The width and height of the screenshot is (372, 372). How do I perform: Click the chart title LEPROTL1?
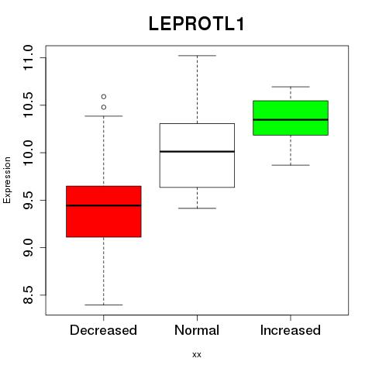[x=196, y=24]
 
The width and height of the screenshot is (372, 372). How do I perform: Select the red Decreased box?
[x=104, y=212]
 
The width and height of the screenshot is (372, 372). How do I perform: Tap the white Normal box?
[x=197, y=155]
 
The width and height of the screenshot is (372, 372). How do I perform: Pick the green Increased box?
[x=291, y=118]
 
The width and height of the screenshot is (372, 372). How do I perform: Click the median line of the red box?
[x=104, y=205]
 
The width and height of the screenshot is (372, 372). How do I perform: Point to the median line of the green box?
[x=291, y=119]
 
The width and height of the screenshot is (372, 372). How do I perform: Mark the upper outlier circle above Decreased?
[x=104, y=97]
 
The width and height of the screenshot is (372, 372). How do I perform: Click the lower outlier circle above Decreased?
[x=104, y=107]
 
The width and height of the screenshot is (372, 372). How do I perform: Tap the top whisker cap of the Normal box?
[x=197, y=56]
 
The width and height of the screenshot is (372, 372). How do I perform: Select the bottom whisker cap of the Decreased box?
[x=104, y=305]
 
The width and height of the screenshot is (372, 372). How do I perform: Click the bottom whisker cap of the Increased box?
[x=291, y=165]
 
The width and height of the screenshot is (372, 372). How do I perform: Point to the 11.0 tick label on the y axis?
[x=28, y=57]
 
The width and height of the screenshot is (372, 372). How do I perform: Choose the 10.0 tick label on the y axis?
[x=28, y=153]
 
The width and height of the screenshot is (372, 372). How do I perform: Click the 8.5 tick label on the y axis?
[x=28, y=295]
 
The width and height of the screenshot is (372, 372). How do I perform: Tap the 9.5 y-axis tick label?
[x=28, y=200]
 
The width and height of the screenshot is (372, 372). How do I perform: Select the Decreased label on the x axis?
[x=103, y=330]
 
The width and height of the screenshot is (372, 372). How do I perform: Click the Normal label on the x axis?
[x=197, y=330]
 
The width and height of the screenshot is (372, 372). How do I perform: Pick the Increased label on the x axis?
[x=291, y=330]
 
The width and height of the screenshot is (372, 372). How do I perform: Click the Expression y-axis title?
[x=7, y=180]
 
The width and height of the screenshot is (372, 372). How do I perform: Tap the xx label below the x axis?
[x=197, y=355]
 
